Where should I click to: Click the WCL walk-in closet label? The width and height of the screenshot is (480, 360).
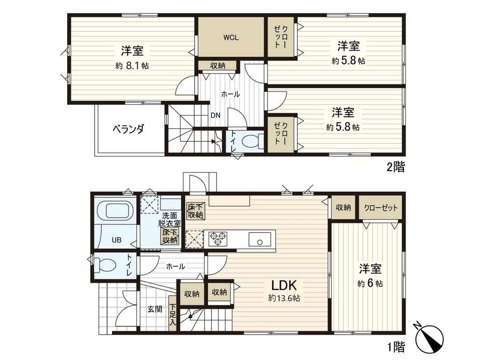point(231,38)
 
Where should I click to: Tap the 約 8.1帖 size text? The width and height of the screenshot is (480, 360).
point(132,66)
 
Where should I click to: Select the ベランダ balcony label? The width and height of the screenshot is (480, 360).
point(128,129)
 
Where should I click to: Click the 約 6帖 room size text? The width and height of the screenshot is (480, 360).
point(370,284)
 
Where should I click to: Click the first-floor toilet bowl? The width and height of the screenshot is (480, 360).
point(105,266)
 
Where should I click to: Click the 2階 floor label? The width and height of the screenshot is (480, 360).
point(395,168)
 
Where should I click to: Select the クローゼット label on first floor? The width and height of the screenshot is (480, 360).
point(380,208)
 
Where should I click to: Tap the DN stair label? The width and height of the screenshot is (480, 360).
point(216,114)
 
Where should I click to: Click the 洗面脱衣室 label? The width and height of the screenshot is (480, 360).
point(171,219)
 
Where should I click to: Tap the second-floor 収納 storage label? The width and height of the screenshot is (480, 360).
point(217,66)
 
